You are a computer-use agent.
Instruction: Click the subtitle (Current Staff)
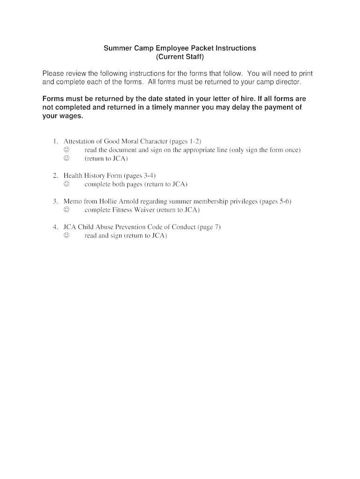pos(180,57)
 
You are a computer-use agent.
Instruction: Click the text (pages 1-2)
pos(186,141)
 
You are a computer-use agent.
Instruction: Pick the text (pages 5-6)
pos(275,202)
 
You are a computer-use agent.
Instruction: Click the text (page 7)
pos(209,227)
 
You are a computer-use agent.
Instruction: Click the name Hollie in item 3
pos(109,202)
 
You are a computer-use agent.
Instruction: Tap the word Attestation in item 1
pos(79,141)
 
